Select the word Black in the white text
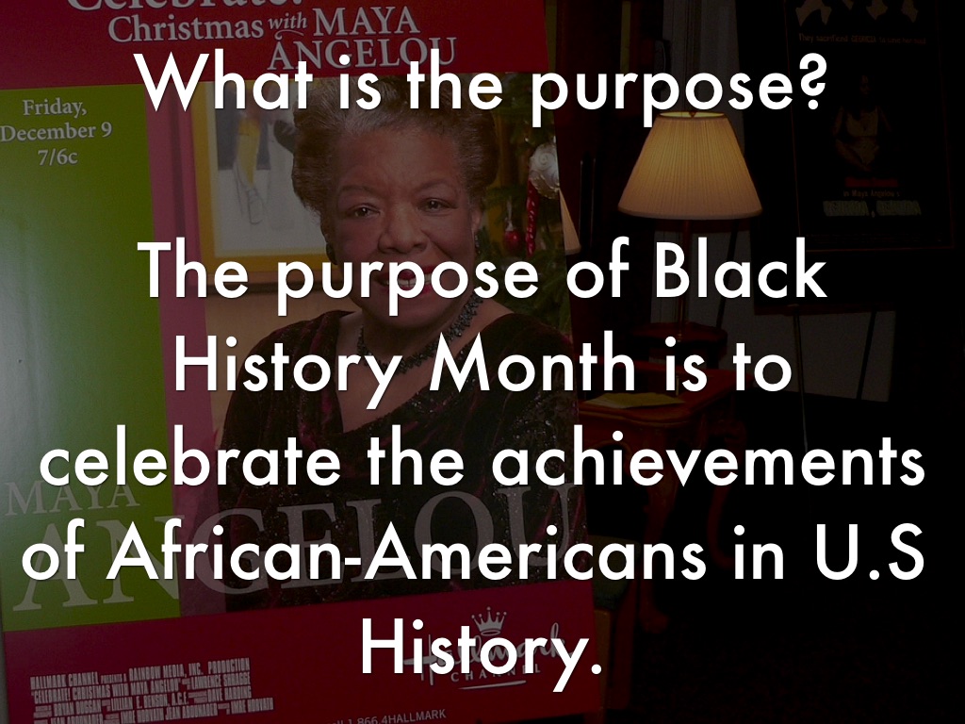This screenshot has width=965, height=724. (x=743, y=275)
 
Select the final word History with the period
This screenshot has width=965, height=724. (x=480, y=650)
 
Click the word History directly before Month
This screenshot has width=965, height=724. (x=292, y=370)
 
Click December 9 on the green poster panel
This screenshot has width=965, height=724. (x=56, y=131)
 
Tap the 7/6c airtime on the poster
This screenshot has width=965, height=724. (x=58, y=155)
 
